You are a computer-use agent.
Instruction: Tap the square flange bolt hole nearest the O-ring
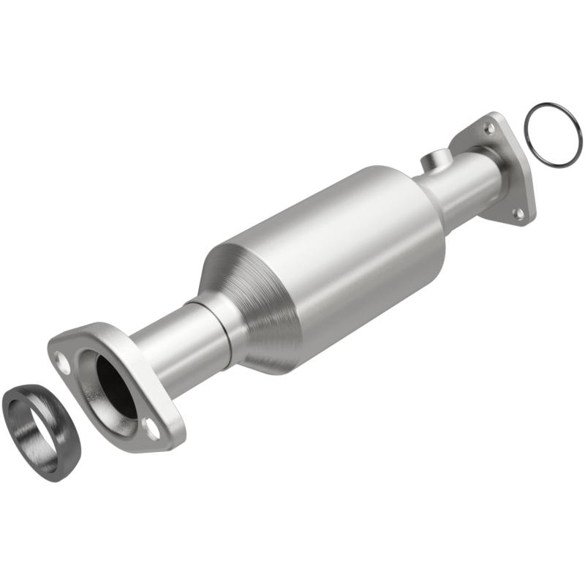point(489,128)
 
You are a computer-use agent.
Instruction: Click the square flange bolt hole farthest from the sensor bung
point(518,213)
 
